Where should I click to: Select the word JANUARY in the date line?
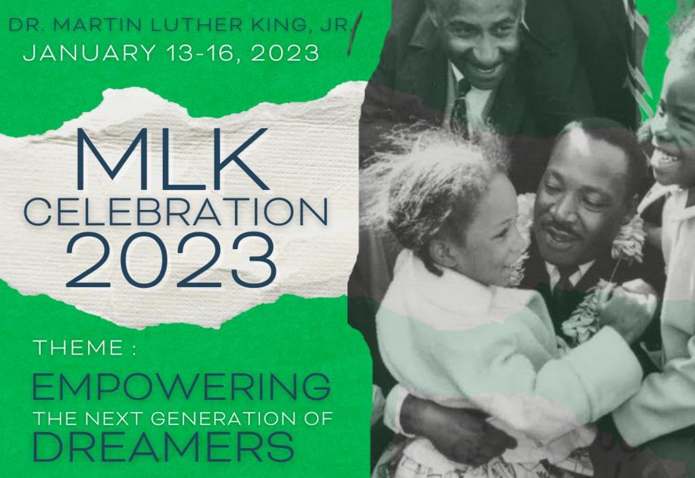89,52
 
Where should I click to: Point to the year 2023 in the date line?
285,53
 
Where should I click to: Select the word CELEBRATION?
176,212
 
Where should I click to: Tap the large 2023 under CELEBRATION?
171,260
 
